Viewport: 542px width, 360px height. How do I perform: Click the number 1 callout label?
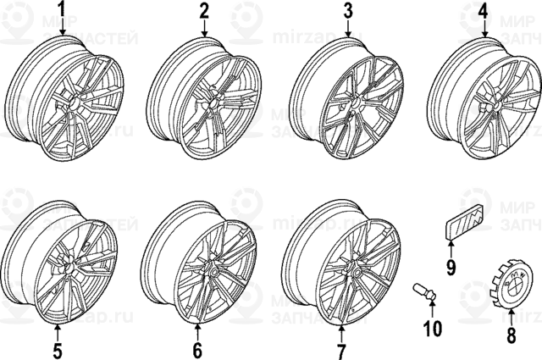tap(60, 11)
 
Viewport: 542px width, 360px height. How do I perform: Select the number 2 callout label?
tap(204, 11)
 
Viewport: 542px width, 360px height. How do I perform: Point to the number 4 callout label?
tap(483, 11)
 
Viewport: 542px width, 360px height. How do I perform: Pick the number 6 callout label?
tap(197, 349)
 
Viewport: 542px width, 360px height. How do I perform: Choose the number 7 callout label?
tap(341, 349)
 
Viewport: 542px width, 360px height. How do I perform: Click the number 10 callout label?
tap(433, 327)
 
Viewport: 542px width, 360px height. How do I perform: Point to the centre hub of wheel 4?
tap(492, 105)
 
